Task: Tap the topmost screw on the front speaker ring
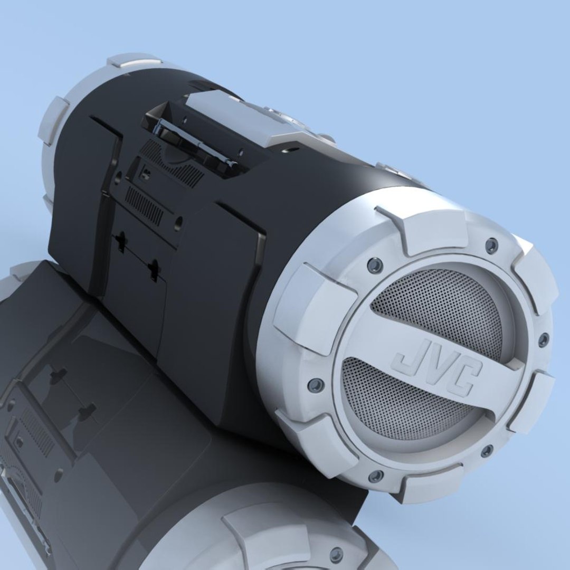pos(491,244)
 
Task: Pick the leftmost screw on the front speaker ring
pos(316,385)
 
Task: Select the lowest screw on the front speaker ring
pos(376,476)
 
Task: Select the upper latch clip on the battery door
pos(121,242)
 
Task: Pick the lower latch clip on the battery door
pos(154,270)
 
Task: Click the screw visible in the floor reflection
pos(336,554)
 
